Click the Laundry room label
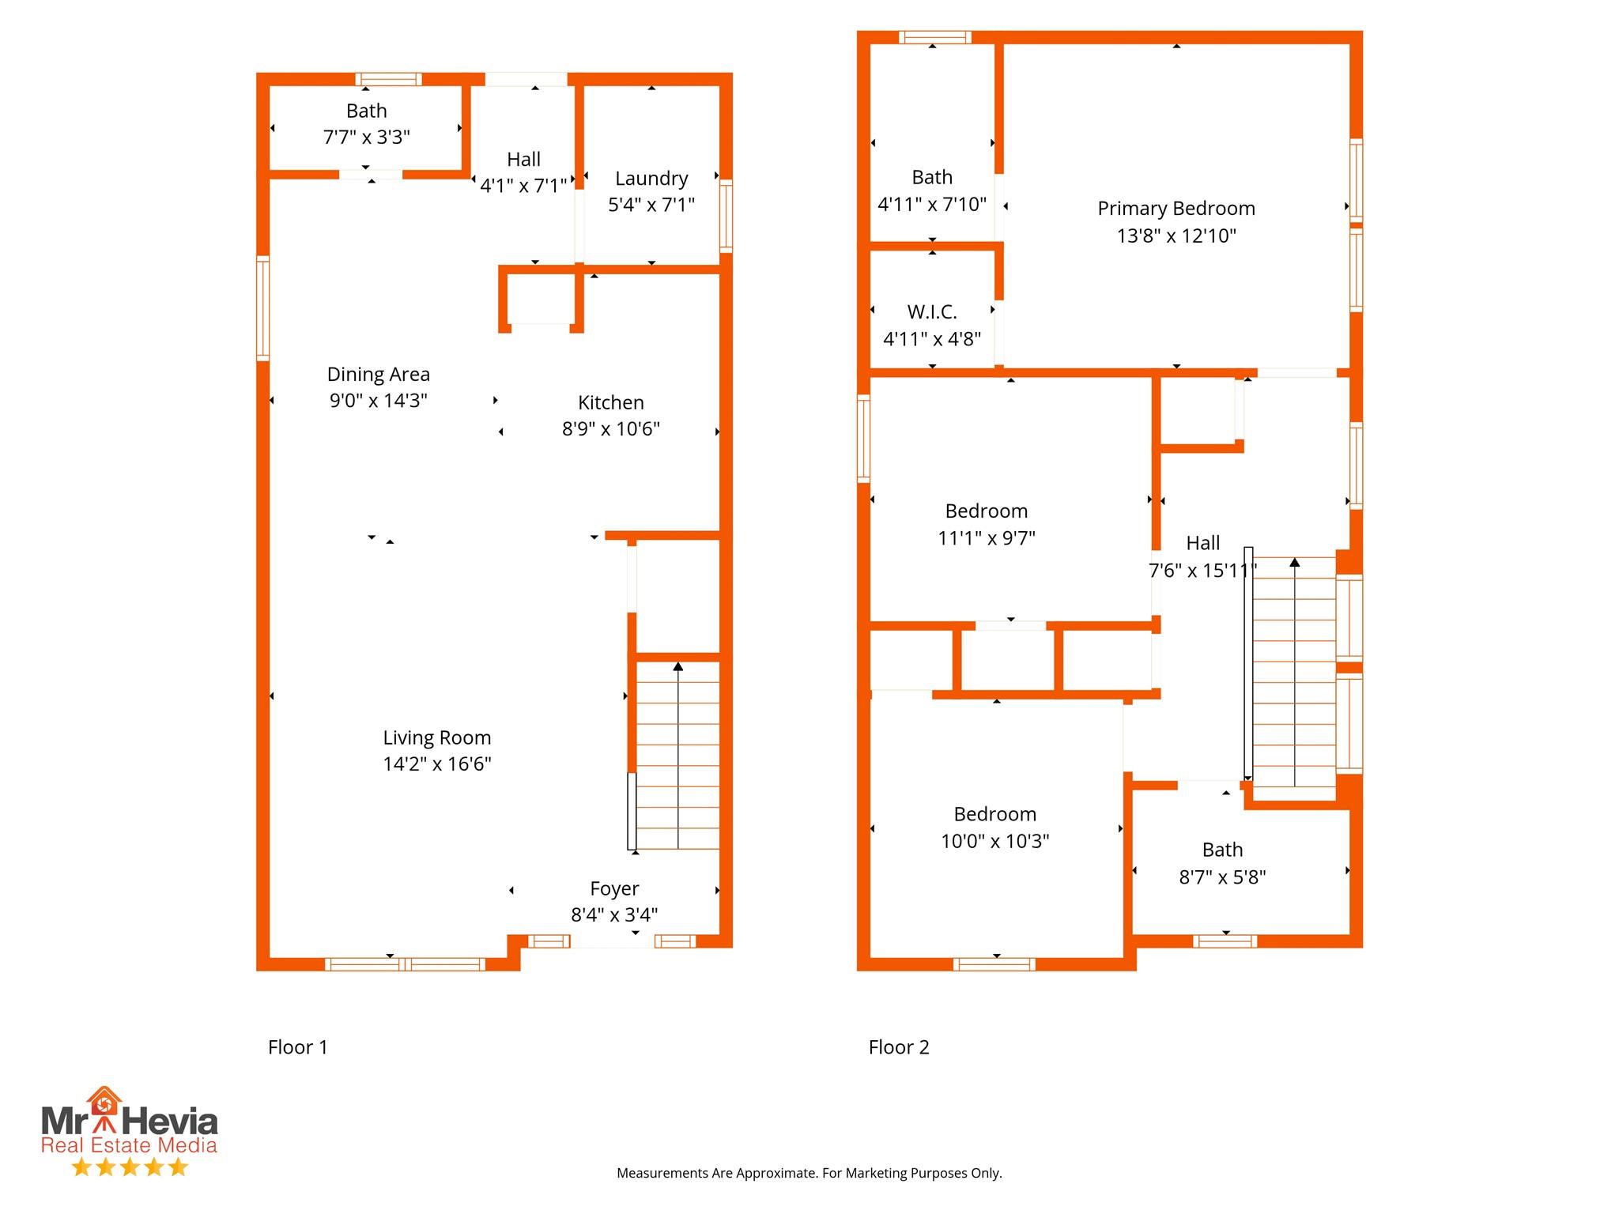pos(651,179)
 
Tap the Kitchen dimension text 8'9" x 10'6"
pos(610,429)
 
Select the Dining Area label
pos(378,374)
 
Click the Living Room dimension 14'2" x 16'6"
pos(436,764)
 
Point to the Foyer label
pos(614,888)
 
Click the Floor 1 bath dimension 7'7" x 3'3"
pos(366,138)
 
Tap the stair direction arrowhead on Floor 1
pos(677,666)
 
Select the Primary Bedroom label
pos(1176,209)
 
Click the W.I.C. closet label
pos(931,312)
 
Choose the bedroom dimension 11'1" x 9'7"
pos(986,538)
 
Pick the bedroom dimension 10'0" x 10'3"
pos(994,841)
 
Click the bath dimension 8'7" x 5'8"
pos(1222,877)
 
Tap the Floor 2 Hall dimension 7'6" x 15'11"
pos(1202,571)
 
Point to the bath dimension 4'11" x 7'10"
pos(931,205)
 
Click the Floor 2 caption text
pos(898,1047)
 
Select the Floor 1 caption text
pos(297,1047)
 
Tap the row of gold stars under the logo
pos(129,1167)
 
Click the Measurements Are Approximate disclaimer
pos(809,1173)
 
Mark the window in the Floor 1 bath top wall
pos(387,79)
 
